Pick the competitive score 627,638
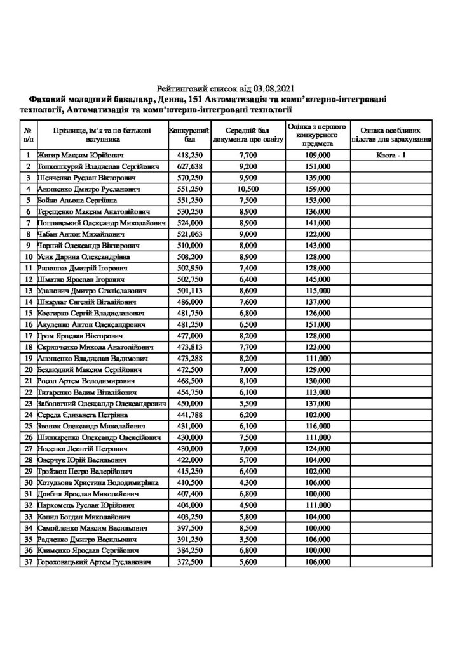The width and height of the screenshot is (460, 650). click(189, 166)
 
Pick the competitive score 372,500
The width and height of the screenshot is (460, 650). click(189, 563)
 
